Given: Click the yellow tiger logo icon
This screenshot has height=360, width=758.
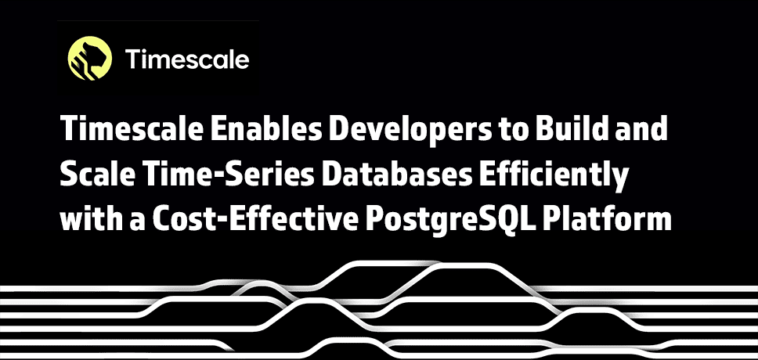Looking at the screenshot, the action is point(90,58).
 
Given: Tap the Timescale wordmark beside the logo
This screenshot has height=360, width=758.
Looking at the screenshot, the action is point(187,59).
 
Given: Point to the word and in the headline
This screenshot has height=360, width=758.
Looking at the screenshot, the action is point(638,129).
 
